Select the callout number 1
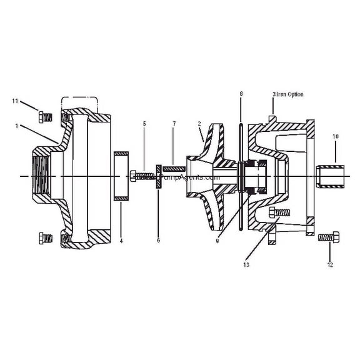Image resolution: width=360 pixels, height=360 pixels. (x=16, y=126)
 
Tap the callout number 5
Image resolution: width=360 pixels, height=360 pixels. (x=144, y=124)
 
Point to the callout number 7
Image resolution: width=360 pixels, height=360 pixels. (x=175, y=124)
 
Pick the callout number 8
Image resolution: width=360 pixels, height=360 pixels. (x=241, y=93)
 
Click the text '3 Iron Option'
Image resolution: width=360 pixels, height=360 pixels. (x=288, y=94)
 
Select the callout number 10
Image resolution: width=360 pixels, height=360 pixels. (x=335, y=136)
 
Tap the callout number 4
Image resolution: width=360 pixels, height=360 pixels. (x=121, y=241)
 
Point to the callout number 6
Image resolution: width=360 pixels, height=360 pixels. (x=158, y=241)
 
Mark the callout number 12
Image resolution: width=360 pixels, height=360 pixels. (x=329, y=265)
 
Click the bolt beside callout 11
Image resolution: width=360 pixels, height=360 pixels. (x=44, y=116)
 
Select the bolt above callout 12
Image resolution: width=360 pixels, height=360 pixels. (x=328, y=237)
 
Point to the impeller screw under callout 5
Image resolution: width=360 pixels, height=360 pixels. (x=142, y=176)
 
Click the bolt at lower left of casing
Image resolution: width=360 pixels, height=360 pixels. (x=44, y=237)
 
